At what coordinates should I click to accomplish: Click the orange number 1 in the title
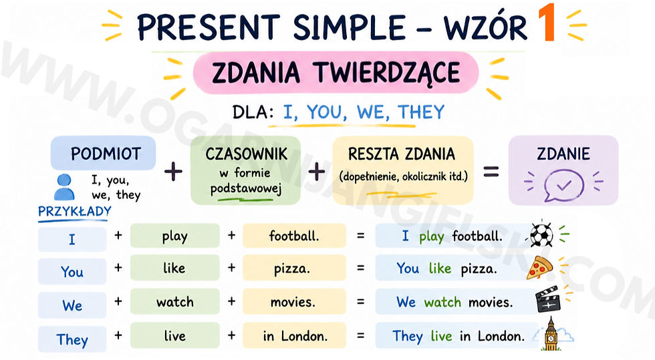click(x=547, y=23)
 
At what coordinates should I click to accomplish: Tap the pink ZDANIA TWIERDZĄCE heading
click(x=336, y=73)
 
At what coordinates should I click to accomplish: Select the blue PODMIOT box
click(x=103, y=153)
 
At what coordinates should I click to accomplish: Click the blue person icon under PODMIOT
click(x=64, y=187)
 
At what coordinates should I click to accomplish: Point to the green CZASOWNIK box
click(x=246, y=170)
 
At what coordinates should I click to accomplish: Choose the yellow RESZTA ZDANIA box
click(x=403, y=170)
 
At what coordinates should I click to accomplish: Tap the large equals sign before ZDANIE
click(x=491, y=172)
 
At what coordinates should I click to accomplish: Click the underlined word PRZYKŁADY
click(x=75, y=212)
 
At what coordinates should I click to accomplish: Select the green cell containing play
click(x=175, y=236)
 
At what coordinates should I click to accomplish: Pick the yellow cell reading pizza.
click(x=294, y=268)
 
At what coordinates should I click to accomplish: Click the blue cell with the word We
click(x=72, y=305)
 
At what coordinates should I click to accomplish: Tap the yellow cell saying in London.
click(x=294, y=336)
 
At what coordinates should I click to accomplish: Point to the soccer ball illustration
click(x=542, y=234)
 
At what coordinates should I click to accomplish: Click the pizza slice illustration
click(x=539, y=268)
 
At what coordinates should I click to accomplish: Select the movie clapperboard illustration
click(x=547, y=299)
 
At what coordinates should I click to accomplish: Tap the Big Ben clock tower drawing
click(x=551, y=334)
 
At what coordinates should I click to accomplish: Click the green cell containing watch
click(x=175, y=301)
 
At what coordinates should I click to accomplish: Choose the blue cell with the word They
click(x=72, y=339)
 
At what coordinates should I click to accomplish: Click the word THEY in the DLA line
click(x=421, y=112)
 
